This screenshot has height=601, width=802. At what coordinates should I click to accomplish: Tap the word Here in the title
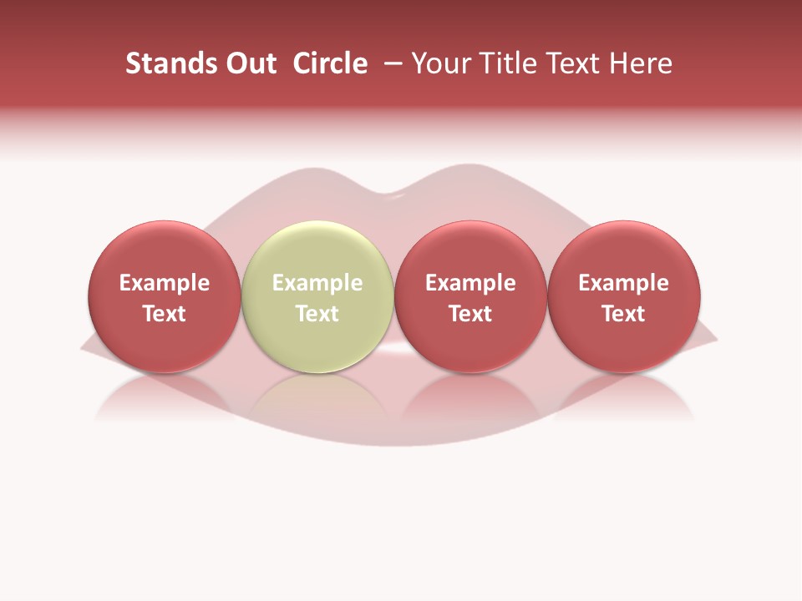641,63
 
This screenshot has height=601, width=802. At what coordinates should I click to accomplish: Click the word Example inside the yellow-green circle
317,283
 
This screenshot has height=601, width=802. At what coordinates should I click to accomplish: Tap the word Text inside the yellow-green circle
317,314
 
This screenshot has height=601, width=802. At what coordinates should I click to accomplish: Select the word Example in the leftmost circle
164,283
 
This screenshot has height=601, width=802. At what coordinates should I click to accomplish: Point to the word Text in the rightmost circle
623,314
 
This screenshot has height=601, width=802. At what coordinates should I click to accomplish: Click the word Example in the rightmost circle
623,283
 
